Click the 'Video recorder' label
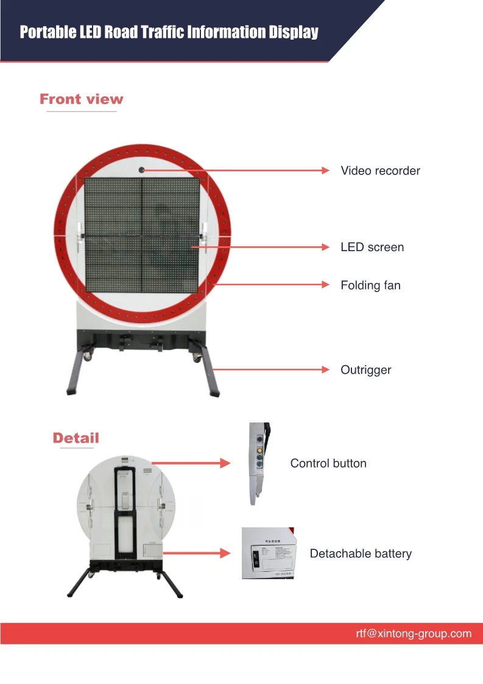point(380,171)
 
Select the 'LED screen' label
point(372,247)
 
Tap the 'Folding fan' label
point(370,285)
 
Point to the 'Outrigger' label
point(365,369)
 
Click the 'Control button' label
point(328,463)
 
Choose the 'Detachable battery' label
point(361,554)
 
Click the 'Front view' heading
point(81,99)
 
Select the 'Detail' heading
point(76,438)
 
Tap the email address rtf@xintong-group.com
point(414,633)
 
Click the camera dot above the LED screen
point(141,169)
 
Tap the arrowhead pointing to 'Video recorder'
point(325,171)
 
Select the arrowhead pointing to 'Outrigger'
point(325,369)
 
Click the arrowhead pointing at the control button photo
point(225,463)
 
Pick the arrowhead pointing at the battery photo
point(225,554)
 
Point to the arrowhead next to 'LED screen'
point(325,247)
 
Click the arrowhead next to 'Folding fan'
point(325,285)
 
